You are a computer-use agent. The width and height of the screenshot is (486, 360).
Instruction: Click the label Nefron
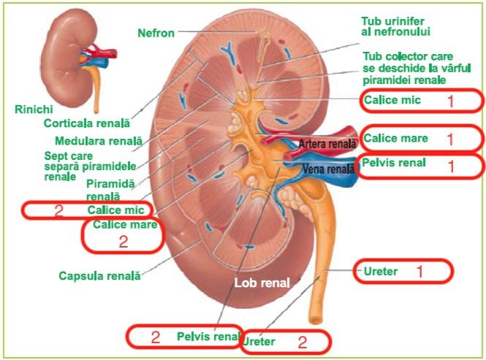coord(157,32)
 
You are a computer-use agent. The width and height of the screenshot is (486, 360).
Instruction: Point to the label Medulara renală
coord(99,140)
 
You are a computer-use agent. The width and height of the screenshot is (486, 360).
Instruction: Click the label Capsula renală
coord(99,276)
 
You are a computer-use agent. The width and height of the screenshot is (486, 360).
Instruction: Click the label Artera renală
coord(326,145)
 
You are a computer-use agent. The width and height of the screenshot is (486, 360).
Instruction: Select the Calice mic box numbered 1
coord(422,101)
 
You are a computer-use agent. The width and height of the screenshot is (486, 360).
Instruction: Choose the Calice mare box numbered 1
coord(422,138)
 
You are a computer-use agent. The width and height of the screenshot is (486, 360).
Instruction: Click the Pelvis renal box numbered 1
coord(422,165)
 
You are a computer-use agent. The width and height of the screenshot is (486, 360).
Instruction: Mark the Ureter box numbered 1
coord(403,272)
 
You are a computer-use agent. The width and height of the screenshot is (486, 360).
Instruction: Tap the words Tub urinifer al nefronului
coord(395,26)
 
